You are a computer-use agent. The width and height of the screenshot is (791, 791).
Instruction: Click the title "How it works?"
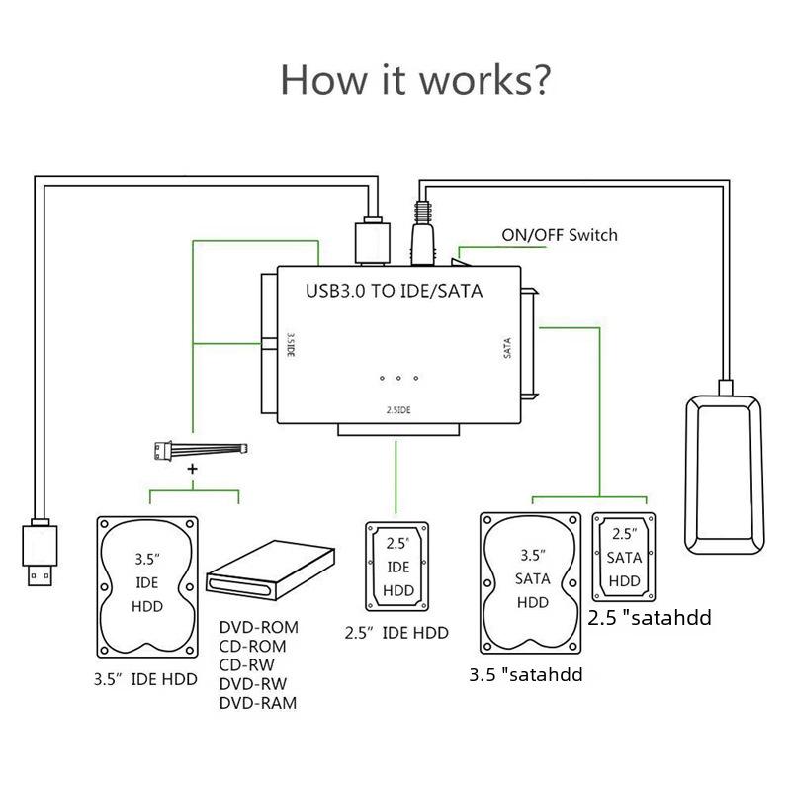(x=414, y=79)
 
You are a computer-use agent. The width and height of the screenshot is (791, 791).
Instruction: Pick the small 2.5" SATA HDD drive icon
(x=623, y=557)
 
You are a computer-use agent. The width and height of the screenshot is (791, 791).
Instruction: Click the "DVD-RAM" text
(x=257, y=703)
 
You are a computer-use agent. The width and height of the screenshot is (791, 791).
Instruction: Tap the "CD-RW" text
(x=247, y=665)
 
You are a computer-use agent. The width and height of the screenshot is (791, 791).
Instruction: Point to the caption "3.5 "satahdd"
(x=525, y=676)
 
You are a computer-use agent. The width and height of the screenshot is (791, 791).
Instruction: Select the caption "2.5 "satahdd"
(x=650, y=619)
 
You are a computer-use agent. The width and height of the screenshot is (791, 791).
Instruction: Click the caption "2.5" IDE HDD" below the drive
(x=396, y=633)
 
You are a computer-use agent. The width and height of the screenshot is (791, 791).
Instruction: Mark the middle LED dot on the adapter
(x=398, y=379)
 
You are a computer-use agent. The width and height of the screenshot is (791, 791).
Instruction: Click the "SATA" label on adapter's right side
(x=507, y=347)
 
